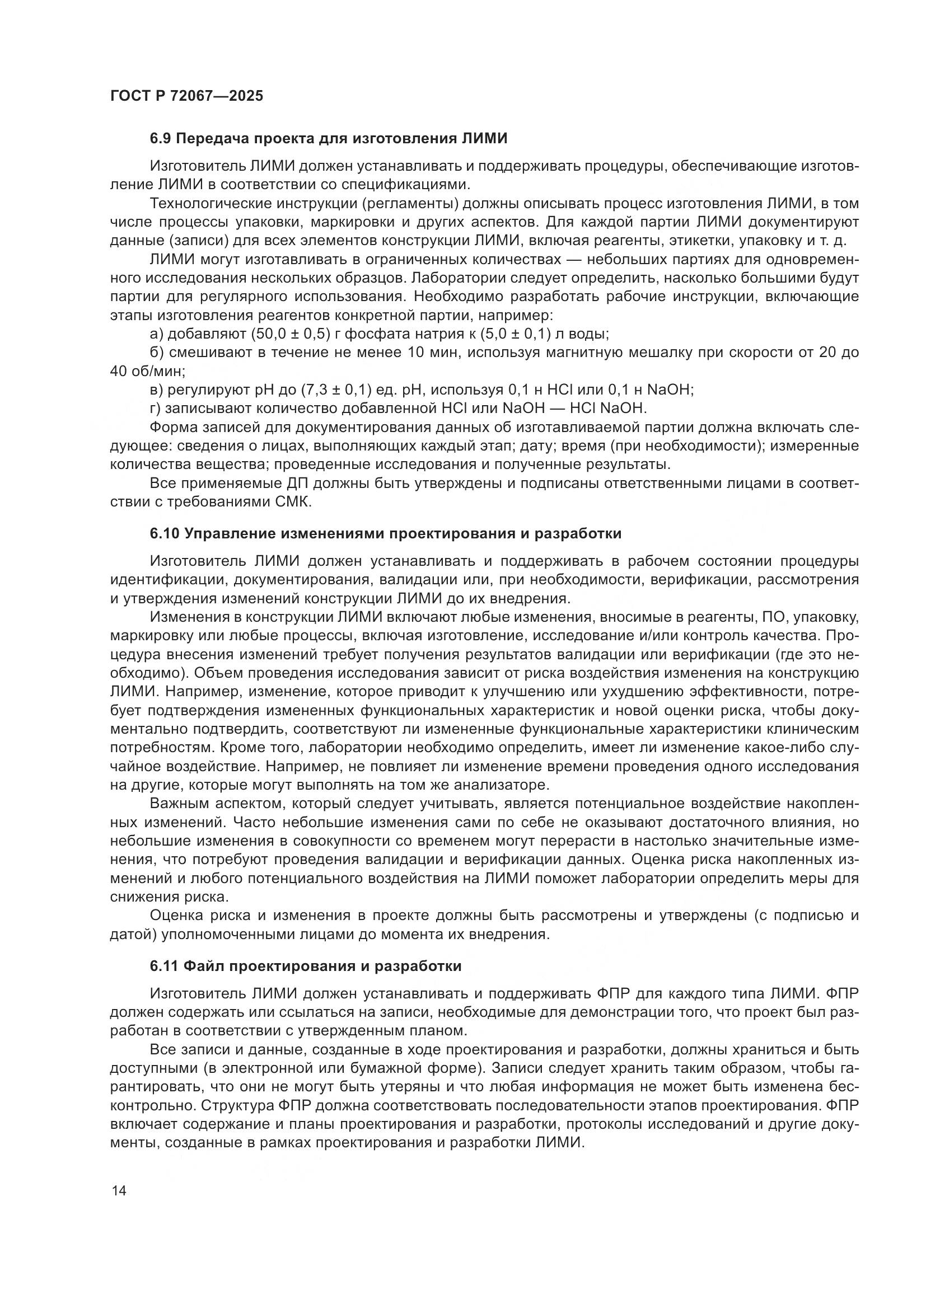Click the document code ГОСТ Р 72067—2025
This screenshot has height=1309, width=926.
[x=186, y=96]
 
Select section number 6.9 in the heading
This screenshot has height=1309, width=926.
[x=161, y=139]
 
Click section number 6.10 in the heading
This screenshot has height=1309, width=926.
[x=165, y=534]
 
